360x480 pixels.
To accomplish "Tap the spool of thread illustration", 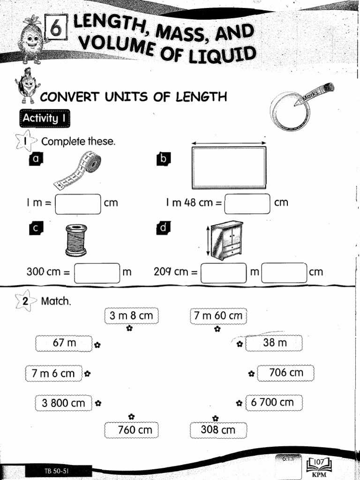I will [76, 240].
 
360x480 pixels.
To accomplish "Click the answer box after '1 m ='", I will [78, 204].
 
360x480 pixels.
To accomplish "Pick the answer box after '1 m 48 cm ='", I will [247, 204].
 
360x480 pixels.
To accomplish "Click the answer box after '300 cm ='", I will [97, 273].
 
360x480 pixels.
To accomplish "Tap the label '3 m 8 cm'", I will [131, 316].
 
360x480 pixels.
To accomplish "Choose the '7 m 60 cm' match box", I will [218, 316].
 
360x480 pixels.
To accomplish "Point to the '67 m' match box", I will [64, 343].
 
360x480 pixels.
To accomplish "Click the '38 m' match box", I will [274, 343].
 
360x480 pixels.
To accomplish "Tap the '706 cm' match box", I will [286, 373].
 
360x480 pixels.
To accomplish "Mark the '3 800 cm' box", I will [63, 403].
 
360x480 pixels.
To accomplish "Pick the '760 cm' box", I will [132, 430].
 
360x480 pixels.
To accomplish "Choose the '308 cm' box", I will [218, 430].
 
